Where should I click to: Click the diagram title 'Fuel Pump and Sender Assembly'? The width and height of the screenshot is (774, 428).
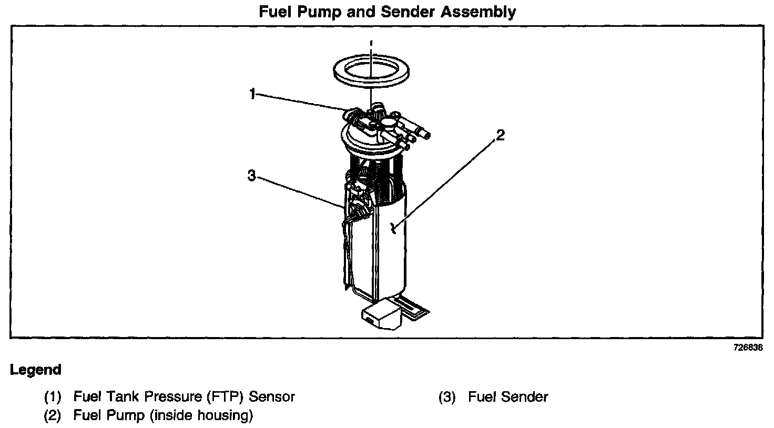pos(387,12)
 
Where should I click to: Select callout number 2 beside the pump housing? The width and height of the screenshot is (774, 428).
pos(500,136)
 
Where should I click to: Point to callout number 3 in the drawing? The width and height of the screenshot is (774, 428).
pos(252,177)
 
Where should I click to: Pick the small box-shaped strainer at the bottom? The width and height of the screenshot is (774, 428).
pos(380,315)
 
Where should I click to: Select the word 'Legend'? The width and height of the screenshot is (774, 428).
pos(36,370)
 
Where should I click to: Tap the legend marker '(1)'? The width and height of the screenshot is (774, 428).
pos(53,396)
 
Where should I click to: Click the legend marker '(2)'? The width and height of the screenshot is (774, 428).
pos(53,416)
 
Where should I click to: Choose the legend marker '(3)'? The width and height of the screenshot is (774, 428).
pos(447,396)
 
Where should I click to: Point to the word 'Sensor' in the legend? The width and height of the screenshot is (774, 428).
pos(272,396)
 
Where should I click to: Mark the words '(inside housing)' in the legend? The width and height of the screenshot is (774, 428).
pos(201,416)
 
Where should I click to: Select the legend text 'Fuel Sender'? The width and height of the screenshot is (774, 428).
pos(508,396)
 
